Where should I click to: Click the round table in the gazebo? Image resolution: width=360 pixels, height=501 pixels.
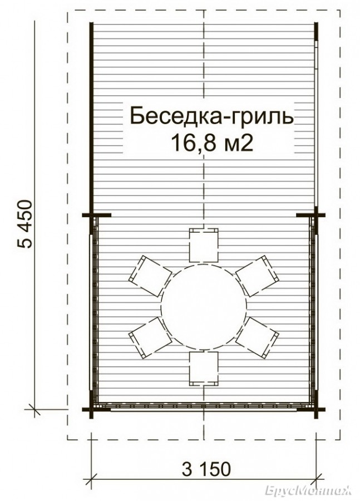coord(204,307)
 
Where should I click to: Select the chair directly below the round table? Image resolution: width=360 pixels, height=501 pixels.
coord(204,369)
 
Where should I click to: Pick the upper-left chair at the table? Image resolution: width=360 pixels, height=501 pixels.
coord(150,276)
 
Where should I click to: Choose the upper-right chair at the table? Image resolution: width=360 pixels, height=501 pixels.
coord(257,276)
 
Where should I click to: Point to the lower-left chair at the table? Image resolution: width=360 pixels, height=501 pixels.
coord(150,338)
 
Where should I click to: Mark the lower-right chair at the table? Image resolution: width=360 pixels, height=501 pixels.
coord(257,338)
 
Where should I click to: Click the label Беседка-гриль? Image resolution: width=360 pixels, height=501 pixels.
coord(211,117)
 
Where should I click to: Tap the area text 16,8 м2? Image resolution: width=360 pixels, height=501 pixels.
coord(212,143)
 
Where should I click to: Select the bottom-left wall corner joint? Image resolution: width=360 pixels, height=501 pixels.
coord(92,409)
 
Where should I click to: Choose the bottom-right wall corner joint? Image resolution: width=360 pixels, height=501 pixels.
coord(316,409)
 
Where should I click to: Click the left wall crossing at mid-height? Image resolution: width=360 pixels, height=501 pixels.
coord(92,215)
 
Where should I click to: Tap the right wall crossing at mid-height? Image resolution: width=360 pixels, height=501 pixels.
coord(316,215)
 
